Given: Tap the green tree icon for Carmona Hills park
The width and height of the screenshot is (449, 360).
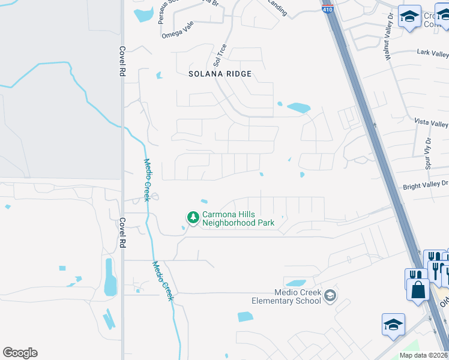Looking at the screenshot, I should (x=193, y=217).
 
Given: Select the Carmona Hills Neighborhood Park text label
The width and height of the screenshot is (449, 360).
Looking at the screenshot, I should (x=238, y=218).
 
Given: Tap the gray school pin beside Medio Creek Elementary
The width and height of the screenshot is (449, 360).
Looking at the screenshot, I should (x=330, y=295).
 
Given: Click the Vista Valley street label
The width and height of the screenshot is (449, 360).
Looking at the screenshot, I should (x=432, y=122).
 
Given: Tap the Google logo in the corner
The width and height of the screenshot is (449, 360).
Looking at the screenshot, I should (x=20, y=353).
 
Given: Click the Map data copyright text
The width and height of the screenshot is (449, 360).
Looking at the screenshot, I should (x=424, y=355).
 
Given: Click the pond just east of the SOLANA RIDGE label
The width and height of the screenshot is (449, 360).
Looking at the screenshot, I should (x=298, y=108).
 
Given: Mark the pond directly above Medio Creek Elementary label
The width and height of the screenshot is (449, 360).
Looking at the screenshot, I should (x=295, y=283).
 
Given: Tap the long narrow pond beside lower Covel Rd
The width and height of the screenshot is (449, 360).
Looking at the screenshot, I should (x=110, y=277).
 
